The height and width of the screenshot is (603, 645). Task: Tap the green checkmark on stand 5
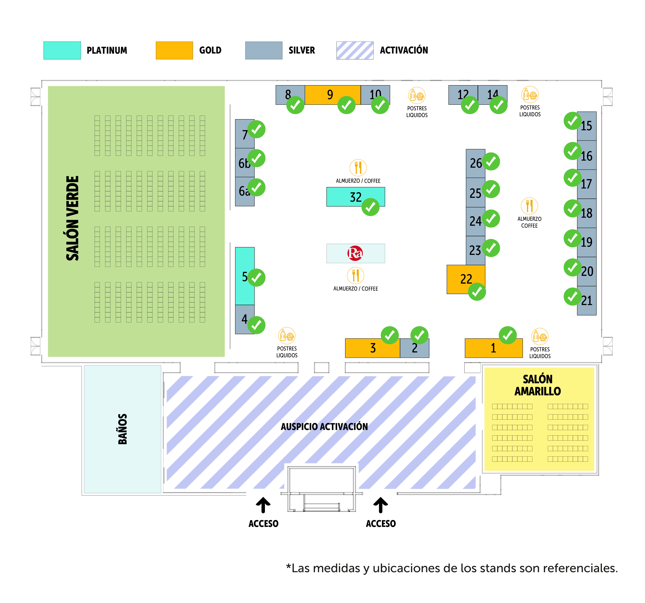(256, 278)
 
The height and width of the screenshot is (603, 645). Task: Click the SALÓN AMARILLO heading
(538, 385)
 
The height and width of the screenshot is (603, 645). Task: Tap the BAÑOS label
(122, 429)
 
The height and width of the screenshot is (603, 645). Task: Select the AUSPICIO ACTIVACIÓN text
(324, 427)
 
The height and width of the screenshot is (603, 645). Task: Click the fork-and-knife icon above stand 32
(358, 168)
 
